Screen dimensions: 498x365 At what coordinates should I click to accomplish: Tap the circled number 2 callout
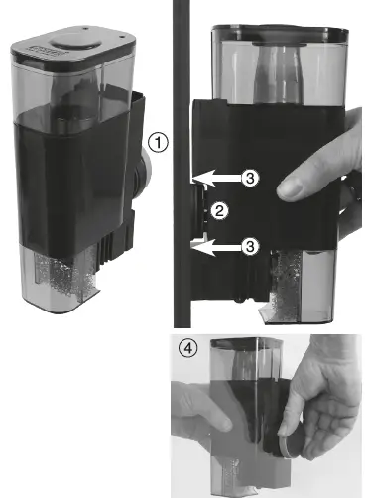(223, 209)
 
